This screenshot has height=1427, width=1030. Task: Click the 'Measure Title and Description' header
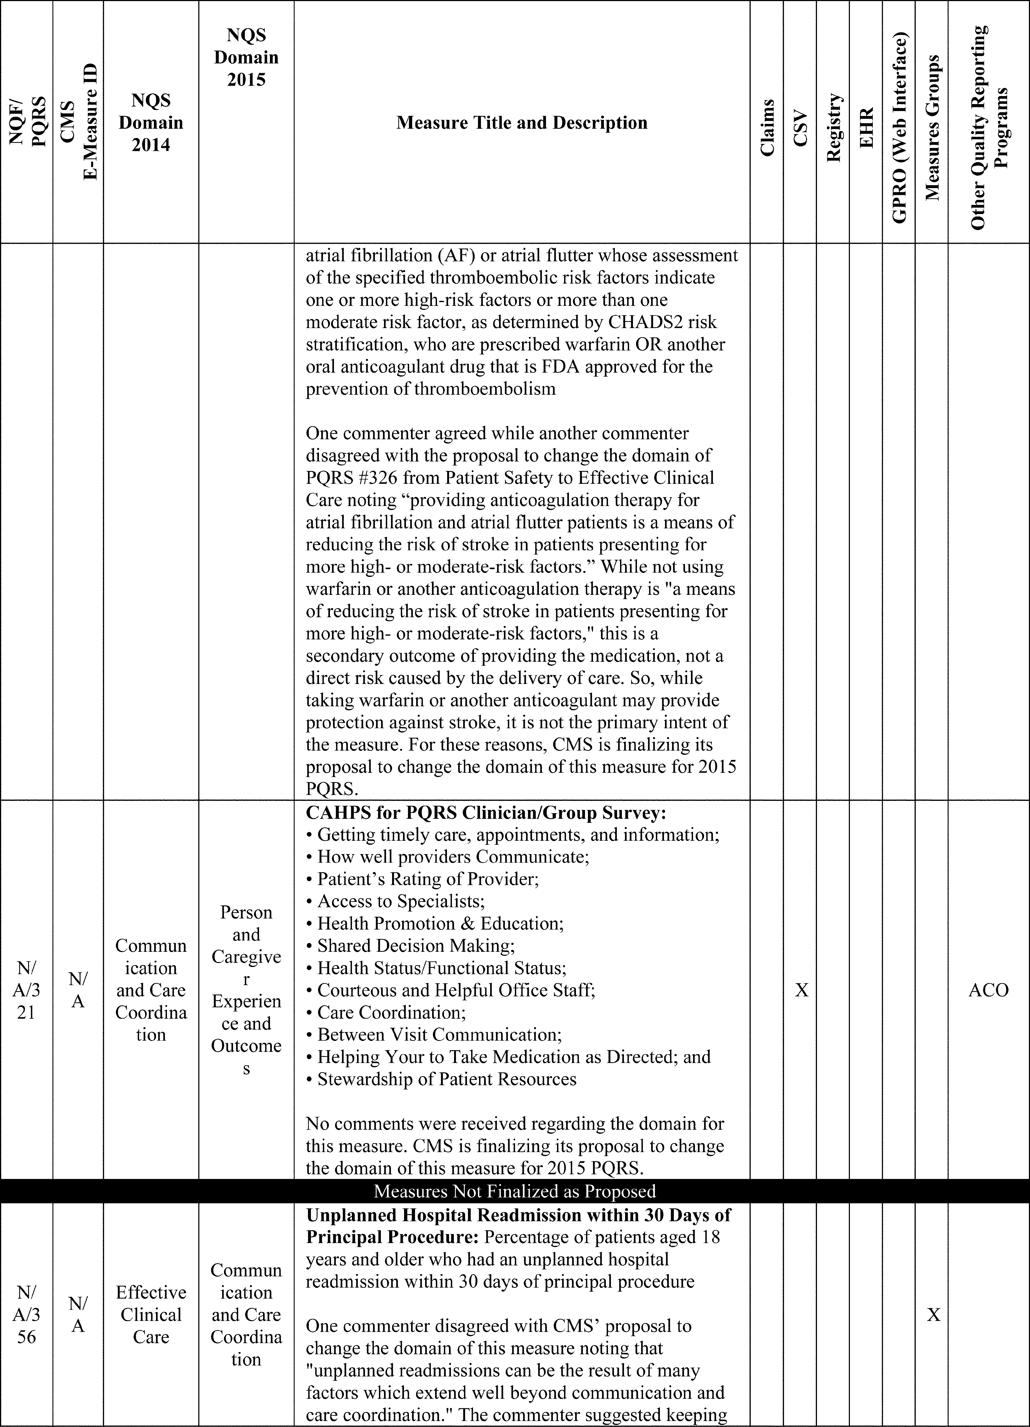[522, 123]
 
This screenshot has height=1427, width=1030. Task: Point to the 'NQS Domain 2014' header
[151, 123]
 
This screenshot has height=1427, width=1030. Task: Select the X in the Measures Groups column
[933, 1315]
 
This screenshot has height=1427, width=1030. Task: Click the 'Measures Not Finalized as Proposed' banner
[515, 1191]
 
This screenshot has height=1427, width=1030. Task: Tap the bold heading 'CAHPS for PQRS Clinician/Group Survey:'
[486, 813]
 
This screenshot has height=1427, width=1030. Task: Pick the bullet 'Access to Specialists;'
[401, 901]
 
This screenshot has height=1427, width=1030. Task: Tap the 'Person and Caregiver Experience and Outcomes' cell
[246, 990]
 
